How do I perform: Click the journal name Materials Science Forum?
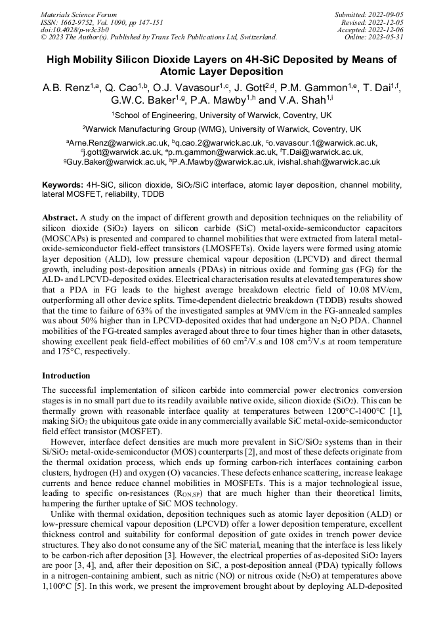coord(79,14)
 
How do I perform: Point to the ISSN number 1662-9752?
coord(78,22)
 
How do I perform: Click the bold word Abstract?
coord(60,217)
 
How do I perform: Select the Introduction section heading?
coord(66,376)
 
